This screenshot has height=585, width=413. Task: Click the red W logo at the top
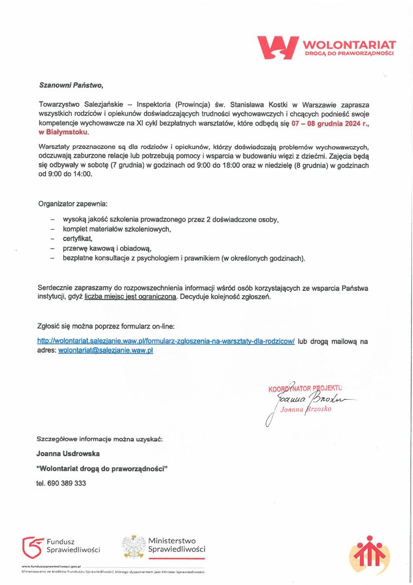tap(278, 47)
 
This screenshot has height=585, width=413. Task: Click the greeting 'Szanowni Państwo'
tap(70, 85)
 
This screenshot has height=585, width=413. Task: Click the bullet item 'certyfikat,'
tap(78, 239)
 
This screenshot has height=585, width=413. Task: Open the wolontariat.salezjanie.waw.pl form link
tap(166, 341)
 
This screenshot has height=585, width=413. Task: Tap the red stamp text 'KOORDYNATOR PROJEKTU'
tap(306, 388)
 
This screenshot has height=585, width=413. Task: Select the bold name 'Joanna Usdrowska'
tap(68, 453)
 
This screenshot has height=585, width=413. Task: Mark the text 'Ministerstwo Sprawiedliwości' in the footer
tap(176, 545)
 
